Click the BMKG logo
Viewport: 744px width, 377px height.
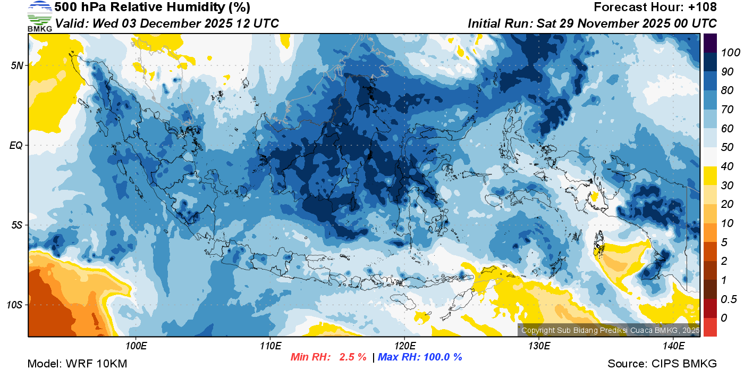[x=39, y=16]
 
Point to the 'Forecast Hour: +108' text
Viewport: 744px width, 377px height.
[x=655, y=7]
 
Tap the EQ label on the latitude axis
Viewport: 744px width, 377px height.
[x=17, y=145]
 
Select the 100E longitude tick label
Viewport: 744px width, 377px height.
[x=136, y=346]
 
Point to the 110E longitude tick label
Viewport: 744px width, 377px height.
[x=270, y=346]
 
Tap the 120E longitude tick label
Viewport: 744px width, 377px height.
[x=404, y=346]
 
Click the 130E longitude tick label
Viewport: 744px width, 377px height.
[x=539, y=346]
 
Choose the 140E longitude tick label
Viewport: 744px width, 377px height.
[x=673, y=346]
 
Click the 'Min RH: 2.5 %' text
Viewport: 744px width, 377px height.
[x=328, y=357]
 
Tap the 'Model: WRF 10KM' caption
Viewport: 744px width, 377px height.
[x=77, y=364]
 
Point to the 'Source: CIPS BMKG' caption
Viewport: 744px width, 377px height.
[x=662, y=364]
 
